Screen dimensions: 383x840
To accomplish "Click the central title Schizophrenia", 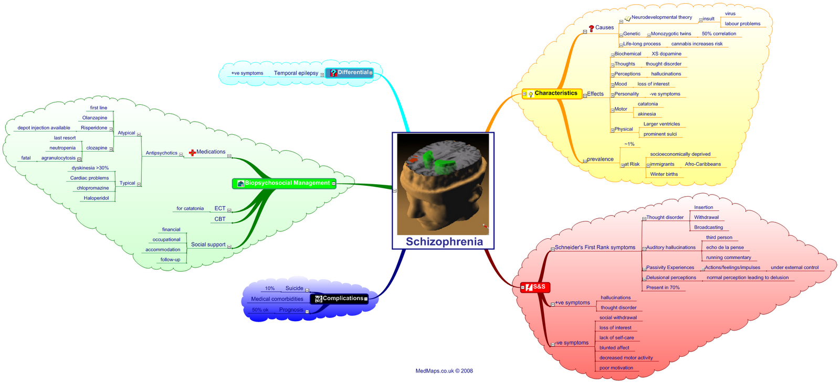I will click(x=444, y=242).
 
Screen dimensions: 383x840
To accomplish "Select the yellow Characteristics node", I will click(x=555, y=93).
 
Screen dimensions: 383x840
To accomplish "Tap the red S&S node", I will click(x=539, y=287).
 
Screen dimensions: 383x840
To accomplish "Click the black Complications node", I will click(x=342, y=299).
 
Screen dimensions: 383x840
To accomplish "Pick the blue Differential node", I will click(x=352, y=72).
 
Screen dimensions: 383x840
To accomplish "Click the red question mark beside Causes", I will click(x=592, y=28).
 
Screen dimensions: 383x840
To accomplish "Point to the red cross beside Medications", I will click(x=192, y=152).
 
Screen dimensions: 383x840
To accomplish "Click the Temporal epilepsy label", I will click(x=296, y=73).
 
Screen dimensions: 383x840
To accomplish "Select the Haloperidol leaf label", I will click(x=96, y=198).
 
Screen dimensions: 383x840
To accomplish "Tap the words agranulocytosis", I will click(x=58, y=158).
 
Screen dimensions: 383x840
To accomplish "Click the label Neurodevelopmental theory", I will click(x=661, y=17).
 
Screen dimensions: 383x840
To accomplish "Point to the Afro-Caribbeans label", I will click(x=702, y=164).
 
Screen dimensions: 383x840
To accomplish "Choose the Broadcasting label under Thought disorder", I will click(x=708, y=227).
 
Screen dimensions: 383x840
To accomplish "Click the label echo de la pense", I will click(x=724, y=247).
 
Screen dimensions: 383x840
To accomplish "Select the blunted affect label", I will click(x=614, y=348).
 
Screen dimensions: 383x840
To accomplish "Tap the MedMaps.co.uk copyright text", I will click(x=444, y=371).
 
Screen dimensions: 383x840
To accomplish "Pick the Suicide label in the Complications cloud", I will click(x=294, y=288).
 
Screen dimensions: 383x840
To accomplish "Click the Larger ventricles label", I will click(x=661, y=124).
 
